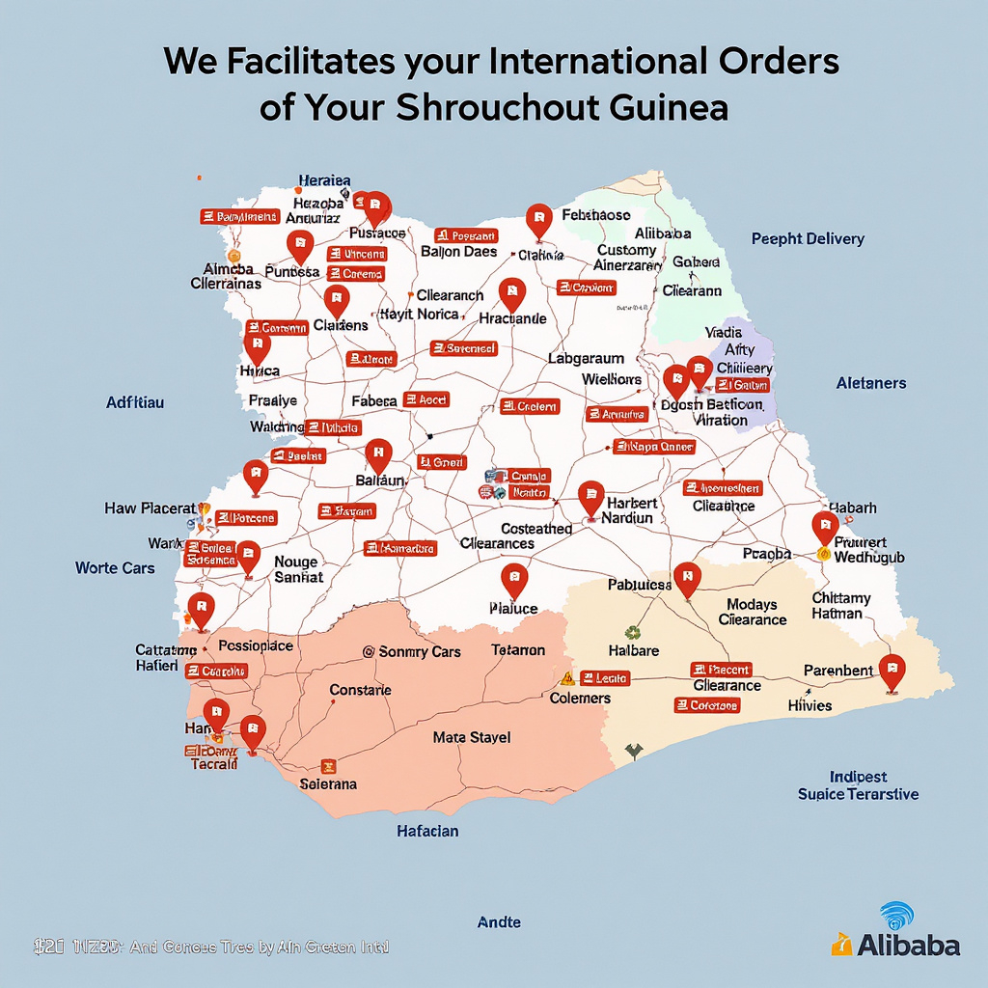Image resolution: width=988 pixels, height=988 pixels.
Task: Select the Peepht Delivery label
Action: (x=808, y=239)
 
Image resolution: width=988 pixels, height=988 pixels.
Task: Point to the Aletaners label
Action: (x=870, y=383)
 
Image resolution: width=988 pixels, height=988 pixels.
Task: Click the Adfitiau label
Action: (x=134, y=401)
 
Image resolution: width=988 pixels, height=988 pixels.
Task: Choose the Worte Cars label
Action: (x=115, y=568)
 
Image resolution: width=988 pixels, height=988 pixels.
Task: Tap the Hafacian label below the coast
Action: (x=427, y=830)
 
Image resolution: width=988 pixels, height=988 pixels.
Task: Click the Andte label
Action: (x=500, y=922)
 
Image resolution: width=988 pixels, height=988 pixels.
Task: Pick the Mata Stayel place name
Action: (x=472, y=738)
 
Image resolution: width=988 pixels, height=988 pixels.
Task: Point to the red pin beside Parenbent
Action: (x=892, y=671)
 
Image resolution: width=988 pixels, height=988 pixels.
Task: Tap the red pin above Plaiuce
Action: (x=515, y=581)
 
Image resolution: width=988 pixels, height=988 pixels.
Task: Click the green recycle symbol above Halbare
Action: (x=633, y=633)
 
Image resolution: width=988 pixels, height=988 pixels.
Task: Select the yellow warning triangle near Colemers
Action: (x=567, y=678)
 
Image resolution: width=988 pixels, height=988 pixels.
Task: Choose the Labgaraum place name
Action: (x=586, y=358)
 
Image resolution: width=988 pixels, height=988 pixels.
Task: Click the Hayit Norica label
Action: (x=419, y=315)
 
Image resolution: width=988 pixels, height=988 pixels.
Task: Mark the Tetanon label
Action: (x=518, y=650)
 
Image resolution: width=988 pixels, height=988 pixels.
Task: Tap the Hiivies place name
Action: (x=810, y=706)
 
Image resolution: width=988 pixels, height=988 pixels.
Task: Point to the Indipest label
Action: (x=858, y=777)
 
